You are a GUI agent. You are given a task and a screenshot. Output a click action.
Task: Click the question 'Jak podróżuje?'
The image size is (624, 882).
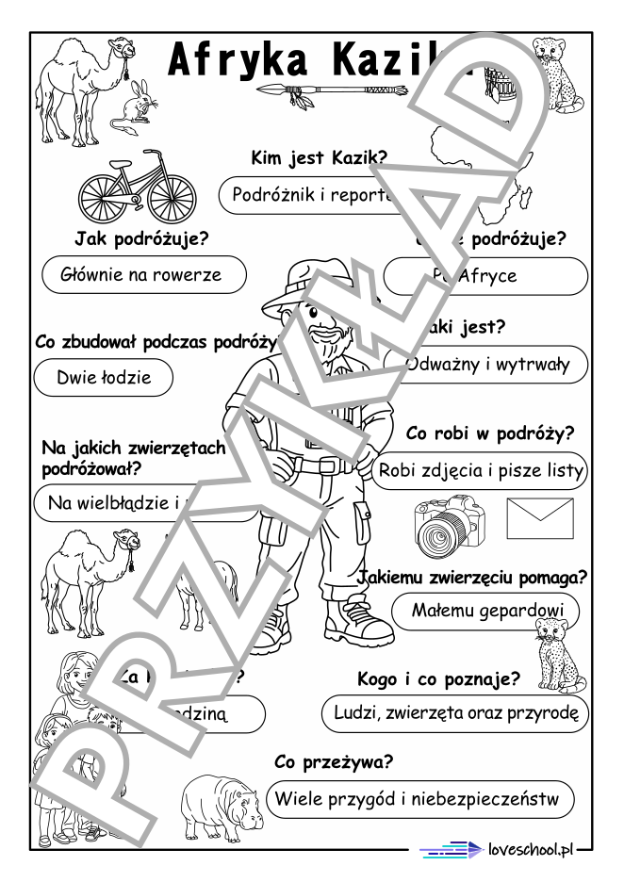coord(141,238)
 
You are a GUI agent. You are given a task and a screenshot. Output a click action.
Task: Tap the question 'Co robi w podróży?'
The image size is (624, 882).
coord(490,434)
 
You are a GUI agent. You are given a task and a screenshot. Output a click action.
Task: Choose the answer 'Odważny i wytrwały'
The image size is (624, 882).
coord(486,365)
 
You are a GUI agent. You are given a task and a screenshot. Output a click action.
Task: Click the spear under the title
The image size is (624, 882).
coord(330,90)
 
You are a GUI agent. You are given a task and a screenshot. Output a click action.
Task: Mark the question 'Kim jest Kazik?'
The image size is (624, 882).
coord(319,158)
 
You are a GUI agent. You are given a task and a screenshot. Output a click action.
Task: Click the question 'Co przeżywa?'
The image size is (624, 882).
coord(334,761)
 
